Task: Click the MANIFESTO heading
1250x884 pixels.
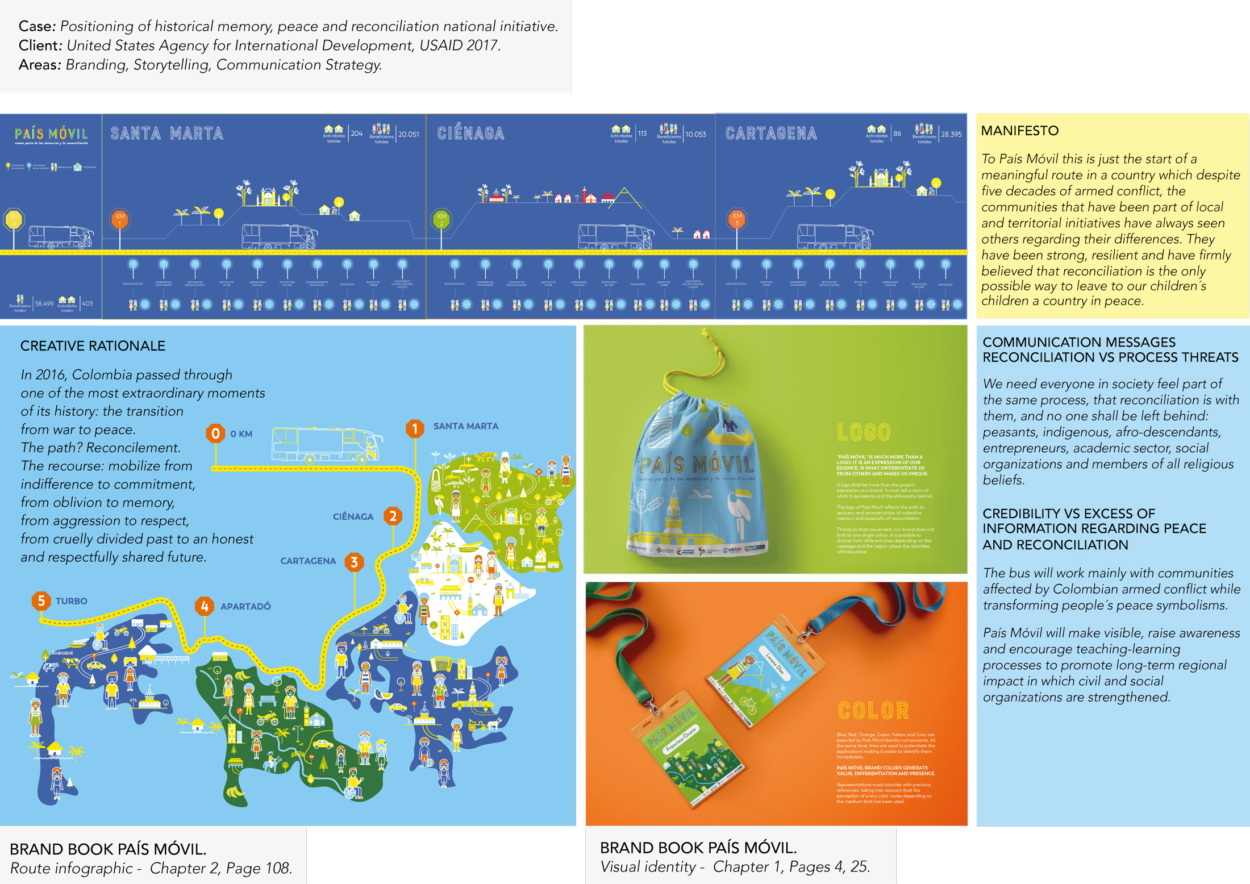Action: point(1019,131)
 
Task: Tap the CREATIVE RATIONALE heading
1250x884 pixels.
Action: point(93,346)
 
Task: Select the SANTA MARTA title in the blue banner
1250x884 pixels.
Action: point(166,134)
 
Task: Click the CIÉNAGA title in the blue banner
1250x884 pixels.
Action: point(470,134)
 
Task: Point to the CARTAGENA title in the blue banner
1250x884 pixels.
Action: point(771,134)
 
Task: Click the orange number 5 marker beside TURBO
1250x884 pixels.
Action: point(41,601)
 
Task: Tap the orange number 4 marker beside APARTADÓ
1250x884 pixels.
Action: point(205,606)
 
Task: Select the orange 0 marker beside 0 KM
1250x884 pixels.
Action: point(215,433)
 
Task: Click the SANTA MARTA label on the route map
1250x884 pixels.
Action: point(465,426)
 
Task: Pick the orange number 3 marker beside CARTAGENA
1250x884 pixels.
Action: point(354,562)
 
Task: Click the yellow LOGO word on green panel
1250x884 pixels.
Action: point(864,432)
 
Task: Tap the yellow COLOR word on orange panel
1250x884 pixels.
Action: point(873,711)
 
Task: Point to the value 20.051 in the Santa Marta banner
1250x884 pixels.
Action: point(409,134)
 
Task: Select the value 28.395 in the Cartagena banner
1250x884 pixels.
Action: point(951,134)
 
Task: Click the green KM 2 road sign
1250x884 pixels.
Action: point(441,219)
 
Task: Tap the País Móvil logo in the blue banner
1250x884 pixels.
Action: point(51,135)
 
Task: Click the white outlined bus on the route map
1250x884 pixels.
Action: point(327,444)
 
